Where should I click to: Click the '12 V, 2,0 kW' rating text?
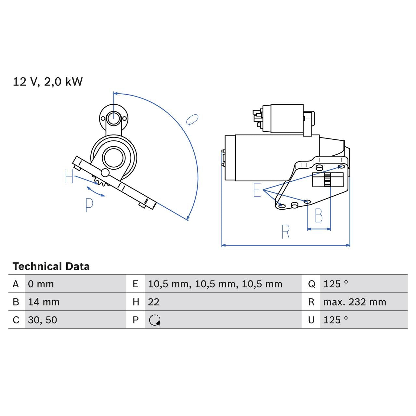click(x=48, y=82)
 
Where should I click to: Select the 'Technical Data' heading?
click(x=51, y=266)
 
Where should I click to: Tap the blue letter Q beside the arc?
click(x=192, y=120)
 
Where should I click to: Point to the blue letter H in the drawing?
click(x=69, y=176)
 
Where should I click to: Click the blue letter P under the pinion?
click(x=89, y=205)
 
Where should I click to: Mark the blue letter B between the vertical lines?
click(x=319, y=215)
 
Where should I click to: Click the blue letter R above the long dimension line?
click(x=285, y=232)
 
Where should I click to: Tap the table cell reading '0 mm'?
click(x=41, y=284)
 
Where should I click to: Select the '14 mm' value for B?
click(x=44, y=302)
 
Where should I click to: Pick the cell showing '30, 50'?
click(x=43, y=320)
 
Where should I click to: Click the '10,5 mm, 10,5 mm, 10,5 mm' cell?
click(x=215, y=284)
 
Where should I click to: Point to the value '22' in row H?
click(x=154, y=302)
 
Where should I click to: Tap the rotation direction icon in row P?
click(x=155, y=320)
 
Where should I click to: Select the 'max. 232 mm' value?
click(x=355, y=302)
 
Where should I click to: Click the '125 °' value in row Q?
click(x=335, y=284)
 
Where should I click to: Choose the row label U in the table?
click(x=311, y=320)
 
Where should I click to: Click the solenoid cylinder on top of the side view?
click(x=287, y=119)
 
